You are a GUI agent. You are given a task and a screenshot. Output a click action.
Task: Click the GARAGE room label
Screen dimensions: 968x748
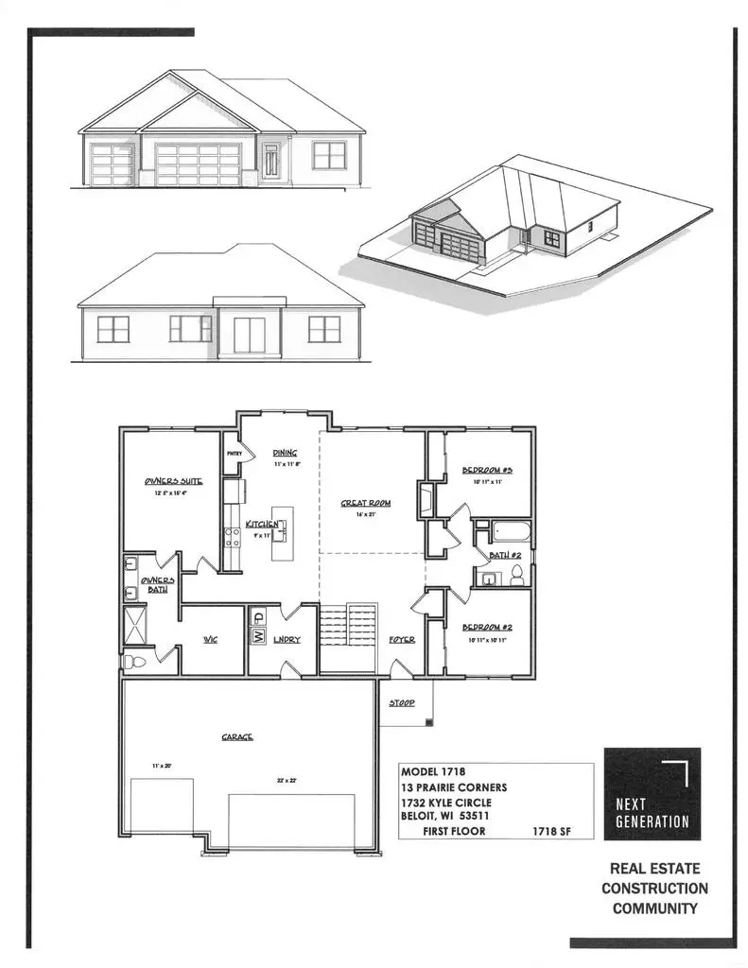tap(237, 737)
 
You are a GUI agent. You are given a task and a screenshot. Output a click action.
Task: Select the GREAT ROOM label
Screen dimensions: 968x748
tap(366, 503)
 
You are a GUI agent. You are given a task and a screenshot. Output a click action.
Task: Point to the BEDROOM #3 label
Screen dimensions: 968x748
tap(487, 470)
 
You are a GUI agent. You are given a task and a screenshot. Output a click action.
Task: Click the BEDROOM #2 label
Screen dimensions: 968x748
tap(487, 628)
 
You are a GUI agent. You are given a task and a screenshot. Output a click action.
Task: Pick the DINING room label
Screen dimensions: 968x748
tap(285, 453)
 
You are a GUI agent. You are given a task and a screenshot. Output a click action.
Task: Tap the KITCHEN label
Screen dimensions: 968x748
tap(261, 524)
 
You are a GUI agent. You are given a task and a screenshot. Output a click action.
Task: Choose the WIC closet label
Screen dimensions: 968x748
tap(211, 639)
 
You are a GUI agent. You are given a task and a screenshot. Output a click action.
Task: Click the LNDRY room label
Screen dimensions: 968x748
tap(287, 640)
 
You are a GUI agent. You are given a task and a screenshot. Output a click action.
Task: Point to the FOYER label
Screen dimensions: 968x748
tap(402, 640)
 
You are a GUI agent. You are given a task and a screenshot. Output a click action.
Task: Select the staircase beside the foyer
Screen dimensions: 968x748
tap(349, 627)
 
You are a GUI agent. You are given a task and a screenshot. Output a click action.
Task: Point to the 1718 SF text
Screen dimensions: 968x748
tap(551, 832)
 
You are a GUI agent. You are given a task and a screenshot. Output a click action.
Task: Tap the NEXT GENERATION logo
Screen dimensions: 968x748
tap(652, 794)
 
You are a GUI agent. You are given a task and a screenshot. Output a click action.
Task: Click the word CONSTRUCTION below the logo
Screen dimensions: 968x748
tap(654, 888)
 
